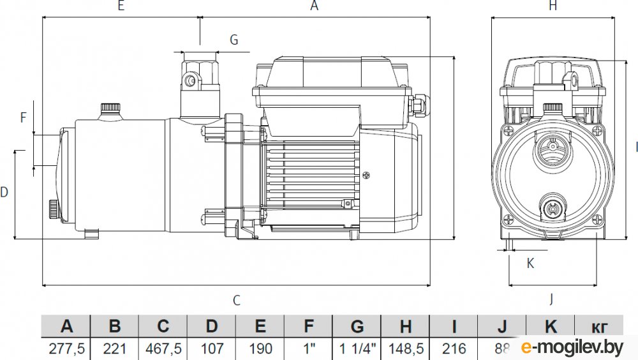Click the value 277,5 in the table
66,349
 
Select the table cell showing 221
115,349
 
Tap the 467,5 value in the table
163,349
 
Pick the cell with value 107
212,349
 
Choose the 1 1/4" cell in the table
357,349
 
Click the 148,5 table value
406,349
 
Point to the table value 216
454,349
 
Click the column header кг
598,327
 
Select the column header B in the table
115,327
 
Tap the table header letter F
309,327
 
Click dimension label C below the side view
236,301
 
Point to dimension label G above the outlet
234,40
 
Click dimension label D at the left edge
4,192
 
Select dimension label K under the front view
530,262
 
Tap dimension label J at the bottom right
551,298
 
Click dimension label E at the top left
121,6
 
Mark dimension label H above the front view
553,6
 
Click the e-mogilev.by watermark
572,347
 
